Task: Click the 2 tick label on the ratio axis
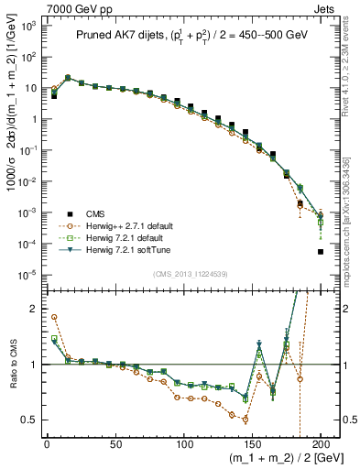(33, 309)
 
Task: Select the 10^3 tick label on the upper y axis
(27, 27)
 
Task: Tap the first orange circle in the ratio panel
(54, 317)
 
